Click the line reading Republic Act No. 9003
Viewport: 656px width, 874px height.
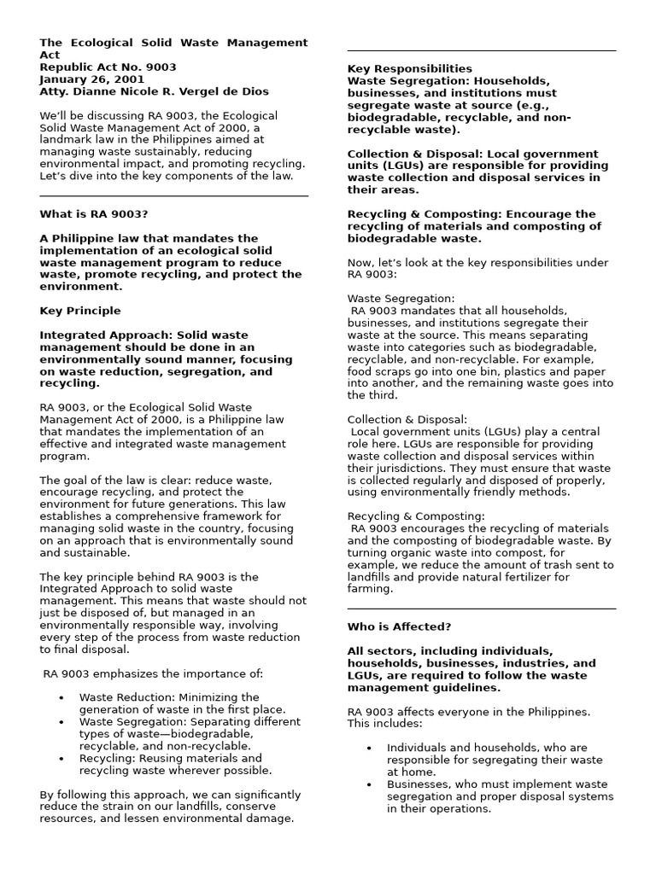pos(108,67)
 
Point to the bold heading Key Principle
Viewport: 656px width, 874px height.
pos(80,311)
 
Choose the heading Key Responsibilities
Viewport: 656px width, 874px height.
pos(409,68)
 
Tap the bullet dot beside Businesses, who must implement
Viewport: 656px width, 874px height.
pos(369,784)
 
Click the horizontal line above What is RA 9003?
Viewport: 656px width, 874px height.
pos(173,196)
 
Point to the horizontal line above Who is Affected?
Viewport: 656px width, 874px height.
pos(481,609)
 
